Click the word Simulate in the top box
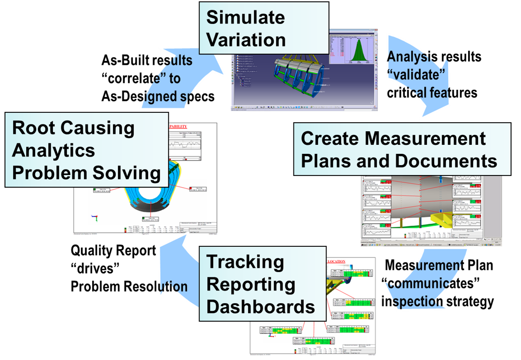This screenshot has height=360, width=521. pyautogui.click(x=246, y=18)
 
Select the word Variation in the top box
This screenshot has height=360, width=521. pyautogui.click(x=246, y=39)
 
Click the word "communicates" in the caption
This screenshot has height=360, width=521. pyautogui.click(x=430, y=284)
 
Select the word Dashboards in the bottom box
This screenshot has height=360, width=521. pyautogui.click(x=260, y=307)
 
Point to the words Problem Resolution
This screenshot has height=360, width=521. pyautogui.click(x=129, y=286)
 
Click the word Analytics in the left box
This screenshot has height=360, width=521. pyautogui.click(x=53, y=150)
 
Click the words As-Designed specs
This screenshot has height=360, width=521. pyautogui.click(x=158, y=96)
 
